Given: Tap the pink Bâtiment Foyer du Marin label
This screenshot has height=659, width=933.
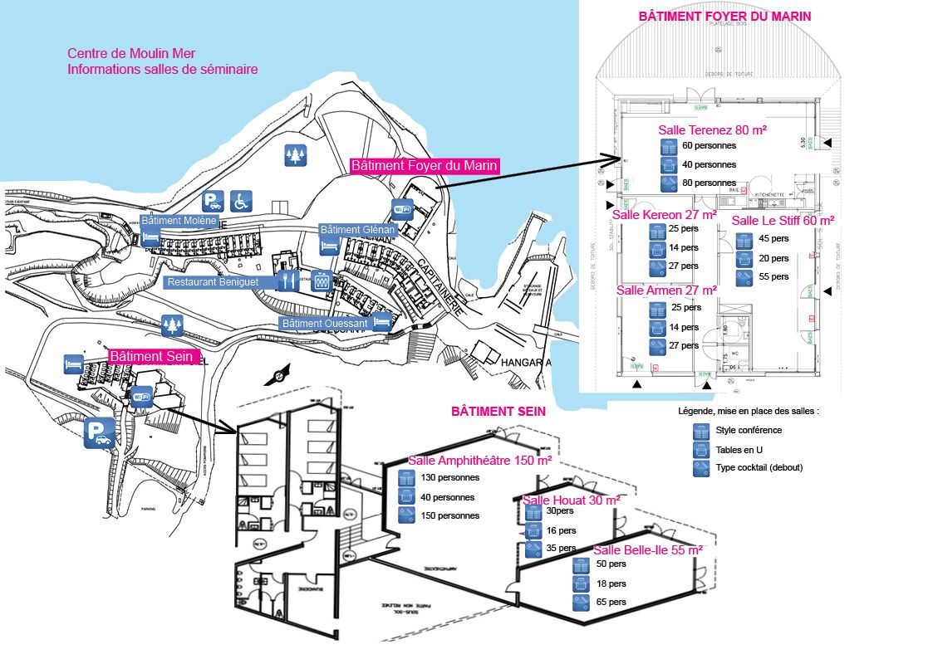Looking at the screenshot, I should (425, 166).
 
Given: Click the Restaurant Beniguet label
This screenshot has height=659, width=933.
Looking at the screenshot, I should (213, 282).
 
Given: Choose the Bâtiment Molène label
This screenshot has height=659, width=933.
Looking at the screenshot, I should (179, 221).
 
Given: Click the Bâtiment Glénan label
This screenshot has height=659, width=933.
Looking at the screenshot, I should (358, 230).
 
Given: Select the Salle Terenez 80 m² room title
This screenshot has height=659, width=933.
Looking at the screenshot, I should (712, 129).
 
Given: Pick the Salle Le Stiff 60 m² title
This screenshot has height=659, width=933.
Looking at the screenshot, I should (783, 220).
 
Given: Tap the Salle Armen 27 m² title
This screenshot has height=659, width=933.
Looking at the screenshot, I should (666, 290).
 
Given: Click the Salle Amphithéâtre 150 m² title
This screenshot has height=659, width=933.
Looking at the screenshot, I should (480, 461).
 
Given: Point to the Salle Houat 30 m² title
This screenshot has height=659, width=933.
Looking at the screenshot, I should (571, 500).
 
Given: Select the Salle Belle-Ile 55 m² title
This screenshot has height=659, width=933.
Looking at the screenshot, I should (648, 549).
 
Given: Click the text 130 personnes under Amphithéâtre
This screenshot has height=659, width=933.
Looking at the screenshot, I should (451, 478).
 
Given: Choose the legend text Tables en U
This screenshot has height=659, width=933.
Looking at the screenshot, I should (739, 450).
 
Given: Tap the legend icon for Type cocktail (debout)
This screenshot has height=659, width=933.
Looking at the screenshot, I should (700, 468).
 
